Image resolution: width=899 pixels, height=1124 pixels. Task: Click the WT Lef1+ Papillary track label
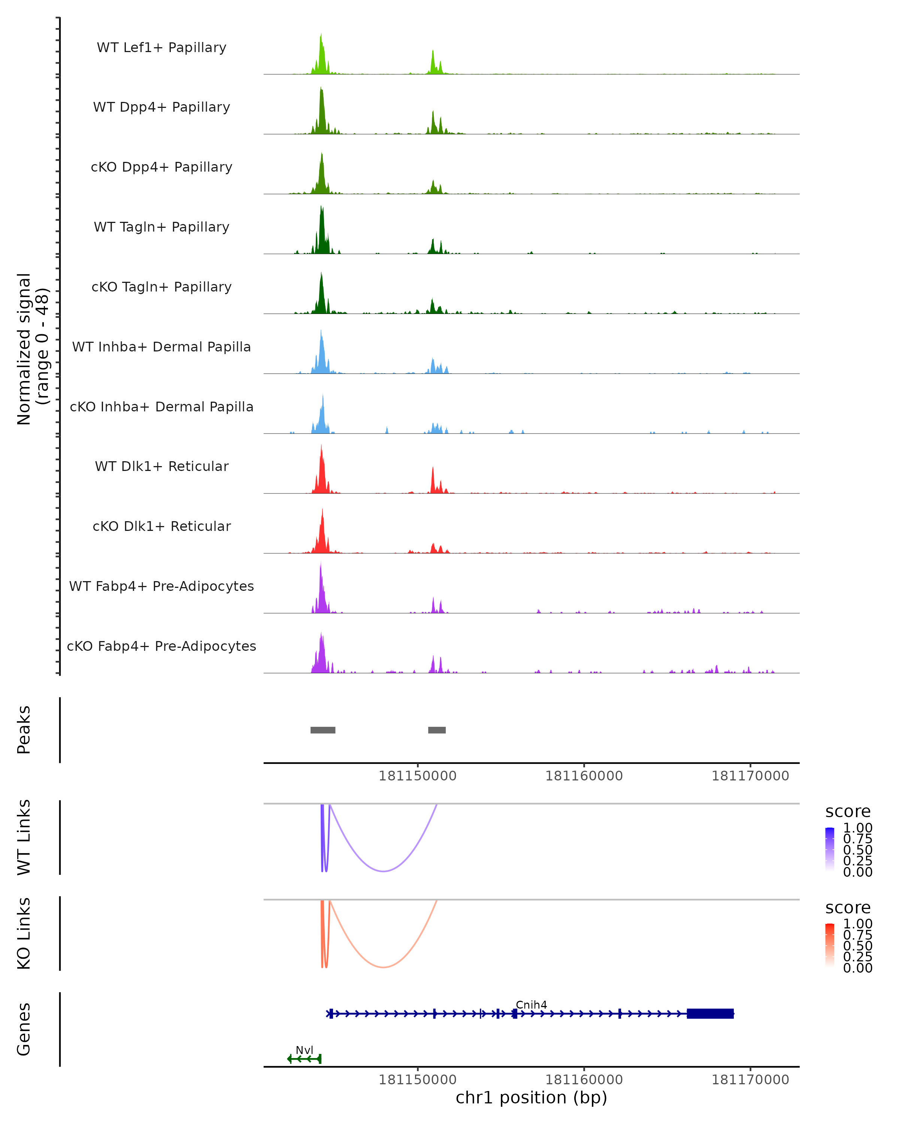(161, 48)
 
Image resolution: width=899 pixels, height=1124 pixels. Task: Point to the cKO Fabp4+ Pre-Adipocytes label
(161, 646)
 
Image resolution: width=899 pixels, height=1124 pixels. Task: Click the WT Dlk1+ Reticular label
(161, 466)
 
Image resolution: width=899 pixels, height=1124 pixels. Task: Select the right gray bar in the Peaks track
(437, 730)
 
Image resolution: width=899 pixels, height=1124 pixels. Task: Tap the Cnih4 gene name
(531, 1004)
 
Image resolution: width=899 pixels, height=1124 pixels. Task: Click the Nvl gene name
(305, 1050)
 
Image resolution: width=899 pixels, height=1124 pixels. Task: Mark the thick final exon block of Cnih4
(710, 1013)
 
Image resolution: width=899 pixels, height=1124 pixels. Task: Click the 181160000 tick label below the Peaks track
(584, 776)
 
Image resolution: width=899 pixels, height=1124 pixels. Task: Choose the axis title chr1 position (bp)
(531, 1097)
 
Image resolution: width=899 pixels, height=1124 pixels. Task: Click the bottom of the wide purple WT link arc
(383, 871)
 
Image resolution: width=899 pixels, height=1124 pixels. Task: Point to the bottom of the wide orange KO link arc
(383, 967)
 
